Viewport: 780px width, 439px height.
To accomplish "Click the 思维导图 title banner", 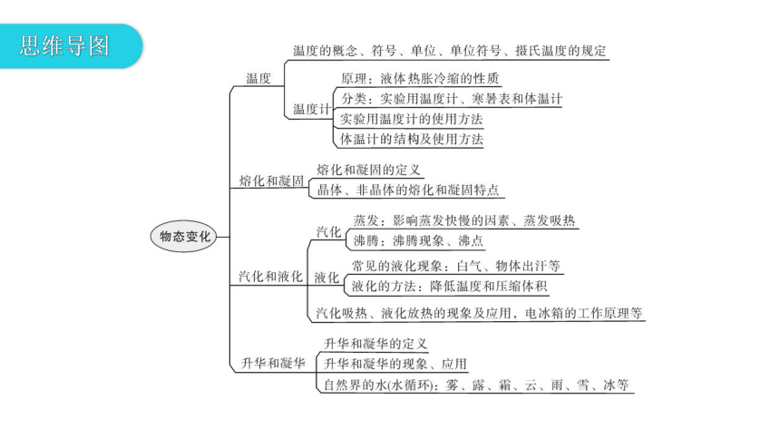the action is [70, 45].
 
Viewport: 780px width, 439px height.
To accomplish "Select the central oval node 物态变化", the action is [184, 237].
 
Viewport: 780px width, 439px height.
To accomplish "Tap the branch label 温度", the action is [258, 78].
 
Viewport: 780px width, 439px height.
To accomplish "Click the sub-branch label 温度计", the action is [312, 109].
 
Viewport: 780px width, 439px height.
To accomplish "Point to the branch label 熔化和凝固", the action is [271, 180].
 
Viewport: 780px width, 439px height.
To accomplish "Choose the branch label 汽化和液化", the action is [270, 277].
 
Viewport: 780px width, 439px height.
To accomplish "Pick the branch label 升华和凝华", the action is [273, 364].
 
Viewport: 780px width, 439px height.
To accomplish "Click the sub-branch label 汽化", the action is [329, 232].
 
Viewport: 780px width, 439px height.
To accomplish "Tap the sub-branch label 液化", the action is [327, 278].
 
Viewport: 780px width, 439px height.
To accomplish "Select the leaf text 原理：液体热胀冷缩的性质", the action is [420, 79].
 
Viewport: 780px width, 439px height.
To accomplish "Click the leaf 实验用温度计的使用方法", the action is [412, 119].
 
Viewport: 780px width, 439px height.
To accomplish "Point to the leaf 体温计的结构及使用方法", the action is [412, 139].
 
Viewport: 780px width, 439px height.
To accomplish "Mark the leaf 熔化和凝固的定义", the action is [368, 170].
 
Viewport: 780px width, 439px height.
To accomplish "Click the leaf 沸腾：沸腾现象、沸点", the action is [418, 241].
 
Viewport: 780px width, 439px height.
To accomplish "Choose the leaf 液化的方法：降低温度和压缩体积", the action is [449, 287].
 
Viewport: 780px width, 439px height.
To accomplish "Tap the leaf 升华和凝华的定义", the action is [375, 344].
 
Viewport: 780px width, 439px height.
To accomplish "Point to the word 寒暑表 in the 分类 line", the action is [491, 99].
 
